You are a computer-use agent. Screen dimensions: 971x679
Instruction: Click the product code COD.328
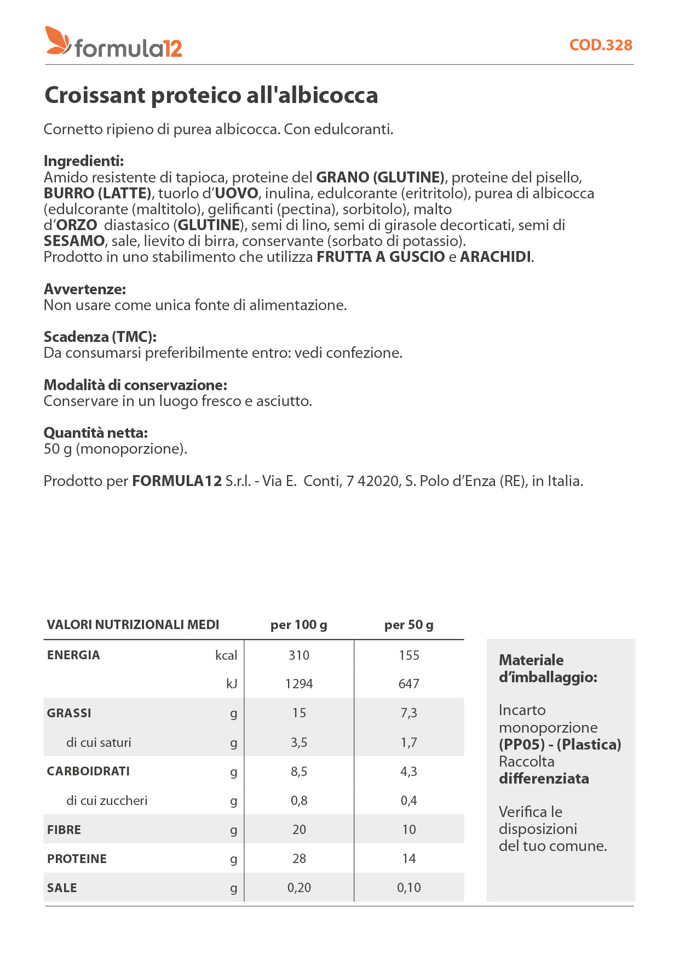[x=601, y=45]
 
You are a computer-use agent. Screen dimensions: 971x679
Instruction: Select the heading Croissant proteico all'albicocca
[x=211, y=95]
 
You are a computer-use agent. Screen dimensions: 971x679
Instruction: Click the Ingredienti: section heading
[x=84, y=161]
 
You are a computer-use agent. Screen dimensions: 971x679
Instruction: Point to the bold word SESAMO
[x=74, y=241]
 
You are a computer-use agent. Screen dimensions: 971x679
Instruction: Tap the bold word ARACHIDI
[x=496, y=257]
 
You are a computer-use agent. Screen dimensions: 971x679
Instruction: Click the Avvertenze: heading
[x=85, y=289]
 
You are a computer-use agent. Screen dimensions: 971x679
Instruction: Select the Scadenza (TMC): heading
[x=100, y=337]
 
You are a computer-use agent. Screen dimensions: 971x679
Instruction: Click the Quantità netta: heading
[x=96, y=433]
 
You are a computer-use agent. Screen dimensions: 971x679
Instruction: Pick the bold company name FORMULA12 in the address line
[x=177, y=481]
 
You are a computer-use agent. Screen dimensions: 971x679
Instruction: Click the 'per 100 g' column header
[x=299, y=625]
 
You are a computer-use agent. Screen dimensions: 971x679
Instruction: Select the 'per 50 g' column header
[x=408, y=625]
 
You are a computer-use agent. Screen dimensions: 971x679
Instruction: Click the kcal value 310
[x=299, y=655]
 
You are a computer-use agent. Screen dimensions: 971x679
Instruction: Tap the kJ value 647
[x=408, y=684]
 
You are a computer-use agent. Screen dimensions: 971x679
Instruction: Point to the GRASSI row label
[x=69, y=713]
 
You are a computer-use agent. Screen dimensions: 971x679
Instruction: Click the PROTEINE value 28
[x=299, y=859]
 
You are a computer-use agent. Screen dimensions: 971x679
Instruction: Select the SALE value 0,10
[x=408, y=888]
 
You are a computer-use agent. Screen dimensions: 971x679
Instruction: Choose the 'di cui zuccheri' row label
[x=107, y=801]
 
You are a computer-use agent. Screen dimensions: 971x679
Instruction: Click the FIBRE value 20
[x=299, y=830]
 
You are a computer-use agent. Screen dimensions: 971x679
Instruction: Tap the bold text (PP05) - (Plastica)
[x=560, y=745]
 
